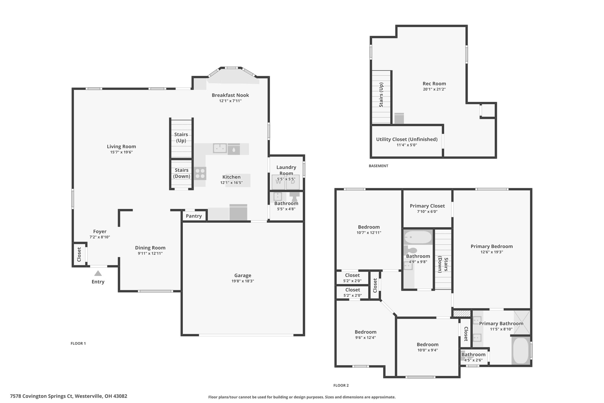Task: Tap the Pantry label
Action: coord(194,216)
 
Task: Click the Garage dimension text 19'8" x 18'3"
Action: coord(243,281)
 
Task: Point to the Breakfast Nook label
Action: coord(230,95)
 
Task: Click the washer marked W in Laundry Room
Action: coord(278,182)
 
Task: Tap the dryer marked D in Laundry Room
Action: coord(293,182)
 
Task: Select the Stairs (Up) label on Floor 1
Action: coord(181,138)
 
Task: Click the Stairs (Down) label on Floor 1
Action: coord(182,173)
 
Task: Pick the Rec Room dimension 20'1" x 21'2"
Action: coord(434,89)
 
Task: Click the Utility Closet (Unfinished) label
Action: coord(407,139)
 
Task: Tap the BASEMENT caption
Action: coord(378,166)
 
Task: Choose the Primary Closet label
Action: coord(427,206)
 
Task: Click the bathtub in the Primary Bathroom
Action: coord(521,351)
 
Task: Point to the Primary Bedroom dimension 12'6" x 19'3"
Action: coord(492,252)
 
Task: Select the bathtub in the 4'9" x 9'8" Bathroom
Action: coord(418,237)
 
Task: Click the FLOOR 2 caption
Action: coord(341,385)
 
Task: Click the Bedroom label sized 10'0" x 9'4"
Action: coord(428,345)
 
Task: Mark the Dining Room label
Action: coord(150,248)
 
